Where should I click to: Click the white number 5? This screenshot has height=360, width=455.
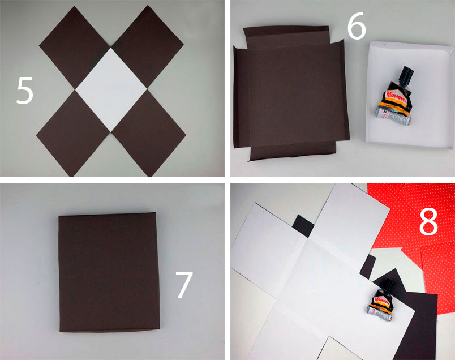tap(25, 91)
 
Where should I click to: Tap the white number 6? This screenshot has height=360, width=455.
tap(357, 25)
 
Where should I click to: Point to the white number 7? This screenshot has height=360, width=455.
tap(184, 285)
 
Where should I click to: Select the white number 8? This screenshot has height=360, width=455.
tap(428, 221)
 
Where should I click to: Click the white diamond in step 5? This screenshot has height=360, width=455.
tap(111, 89)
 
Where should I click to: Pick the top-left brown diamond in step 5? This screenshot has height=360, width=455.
tap(75, 48)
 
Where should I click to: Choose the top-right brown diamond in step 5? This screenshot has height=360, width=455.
tap(147, 48)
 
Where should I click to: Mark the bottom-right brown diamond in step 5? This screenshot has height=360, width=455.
tap(148, 133)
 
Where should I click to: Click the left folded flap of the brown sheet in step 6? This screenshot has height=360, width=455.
tap(242, 97)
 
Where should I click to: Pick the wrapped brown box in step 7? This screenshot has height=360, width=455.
tap(109, 272)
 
